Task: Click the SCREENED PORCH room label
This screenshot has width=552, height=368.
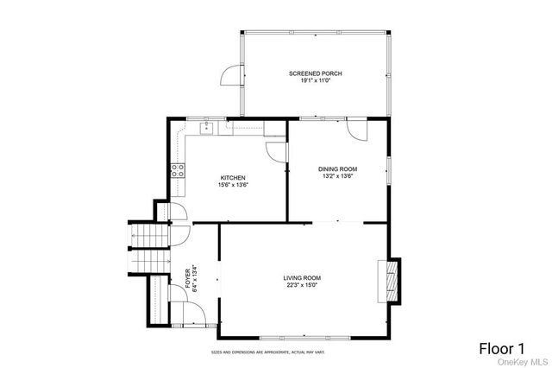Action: pyautogui.click(x=315, y=74)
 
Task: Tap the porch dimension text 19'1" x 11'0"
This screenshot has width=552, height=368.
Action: pyautogui.click(x=315, y=81)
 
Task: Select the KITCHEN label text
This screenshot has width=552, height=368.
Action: pyautogui.click(x=233, y=178)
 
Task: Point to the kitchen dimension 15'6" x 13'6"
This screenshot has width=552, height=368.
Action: pyautogui.click(x=233, y=185)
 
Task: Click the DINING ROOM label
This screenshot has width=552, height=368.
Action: pyautogui.click(x=338, y=169)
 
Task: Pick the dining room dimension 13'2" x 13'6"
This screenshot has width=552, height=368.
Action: pyautogui.click(x=338, y=176)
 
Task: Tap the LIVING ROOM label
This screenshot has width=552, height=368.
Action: pyautogui.click(x=302, y=277)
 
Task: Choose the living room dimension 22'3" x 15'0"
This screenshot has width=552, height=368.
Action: pyautogui.click(x=302, y=284)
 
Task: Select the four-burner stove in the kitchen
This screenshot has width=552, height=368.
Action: pyautogui.click(x=178, y=169)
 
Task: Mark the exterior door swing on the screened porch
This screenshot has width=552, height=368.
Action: pyautogui.click(x=230, y=78)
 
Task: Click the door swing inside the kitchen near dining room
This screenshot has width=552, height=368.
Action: pyautogui.click(x=276, y=152)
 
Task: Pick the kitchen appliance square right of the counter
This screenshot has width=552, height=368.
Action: pyautogui.click(x=275, y=129)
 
